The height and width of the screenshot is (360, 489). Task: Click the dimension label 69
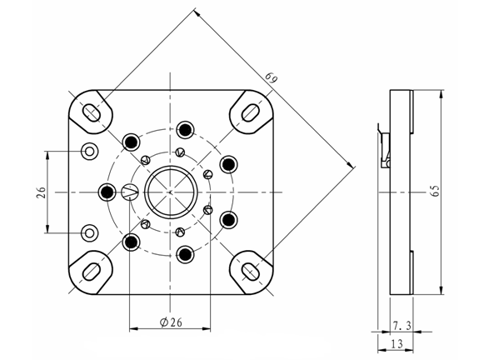point(272,77)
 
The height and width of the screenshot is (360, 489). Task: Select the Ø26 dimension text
point(171,322)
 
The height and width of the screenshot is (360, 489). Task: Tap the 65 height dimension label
point(436,191)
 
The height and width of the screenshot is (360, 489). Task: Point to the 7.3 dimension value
point(402,326)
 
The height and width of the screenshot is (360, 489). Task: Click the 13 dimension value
point(397,344)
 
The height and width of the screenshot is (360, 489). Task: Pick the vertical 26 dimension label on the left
point(41,192)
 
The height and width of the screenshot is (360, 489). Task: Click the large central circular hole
point(171,192)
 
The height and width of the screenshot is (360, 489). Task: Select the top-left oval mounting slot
point(91,112)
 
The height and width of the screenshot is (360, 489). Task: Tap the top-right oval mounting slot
point(251,112)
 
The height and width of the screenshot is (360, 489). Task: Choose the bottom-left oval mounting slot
point(91,272)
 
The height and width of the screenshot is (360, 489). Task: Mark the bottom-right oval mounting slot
point(251,271)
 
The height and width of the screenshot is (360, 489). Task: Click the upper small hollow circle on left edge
point(89,152)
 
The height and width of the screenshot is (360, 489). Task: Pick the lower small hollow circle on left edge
point(89,232)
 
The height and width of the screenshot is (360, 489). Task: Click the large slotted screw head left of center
point(129,192)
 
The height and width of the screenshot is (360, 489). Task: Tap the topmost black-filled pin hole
point(185,129)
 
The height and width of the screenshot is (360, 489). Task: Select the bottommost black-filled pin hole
point(185,255)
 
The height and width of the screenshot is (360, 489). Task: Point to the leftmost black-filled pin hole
point(107,191)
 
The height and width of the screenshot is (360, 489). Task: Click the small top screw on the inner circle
point(180,152)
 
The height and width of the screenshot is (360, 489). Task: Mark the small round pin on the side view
point(387,163)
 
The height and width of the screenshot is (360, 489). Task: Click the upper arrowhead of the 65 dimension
point(441,94)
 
